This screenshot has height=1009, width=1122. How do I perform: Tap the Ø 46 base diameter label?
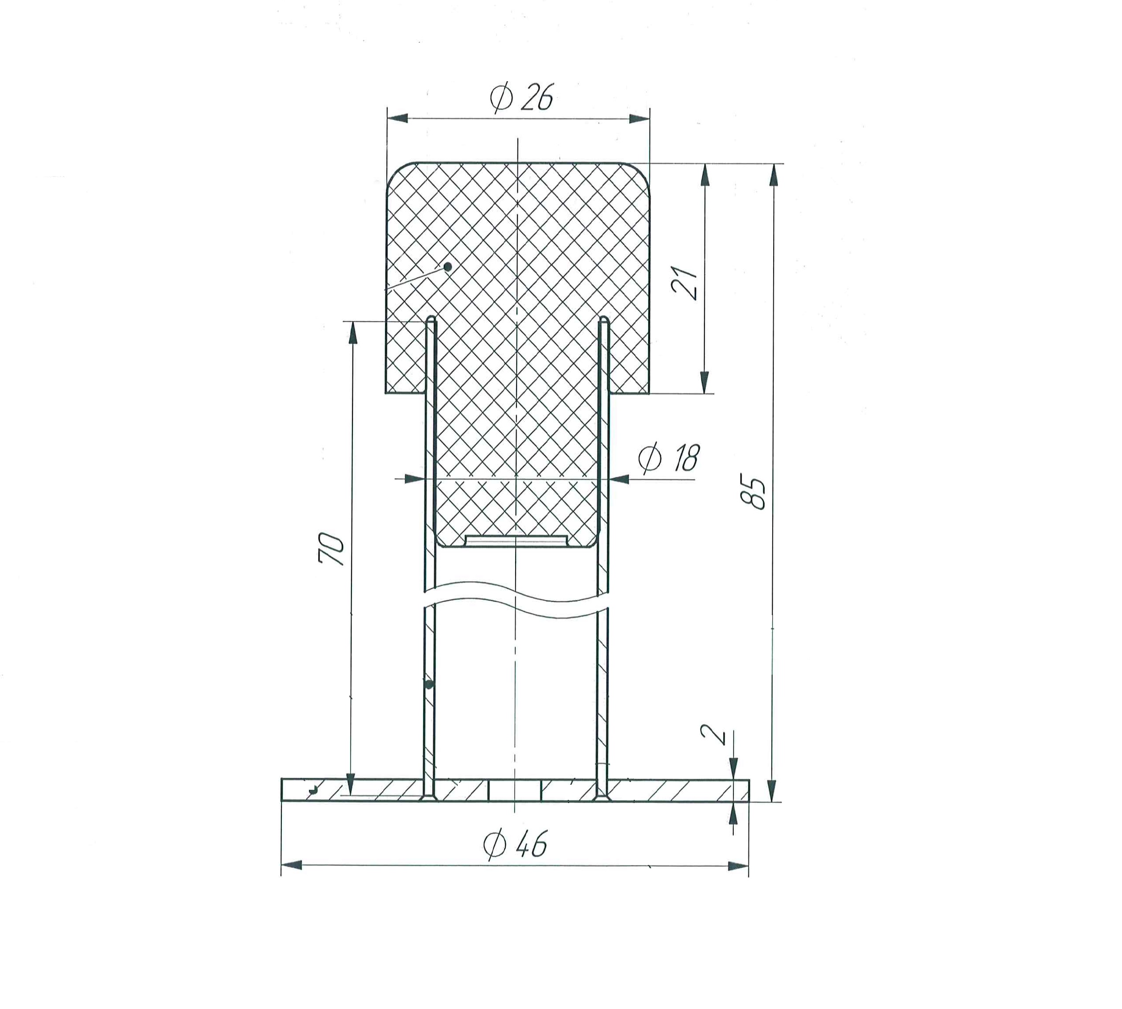[x=515, y=844]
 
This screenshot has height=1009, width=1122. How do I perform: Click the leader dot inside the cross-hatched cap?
[x=448, y=266]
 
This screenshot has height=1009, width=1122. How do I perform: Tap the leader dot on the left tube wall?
[x=429, y=685]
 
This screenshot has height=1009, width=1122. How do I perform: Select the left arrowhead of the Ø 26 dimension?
[x=397, y=118]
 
